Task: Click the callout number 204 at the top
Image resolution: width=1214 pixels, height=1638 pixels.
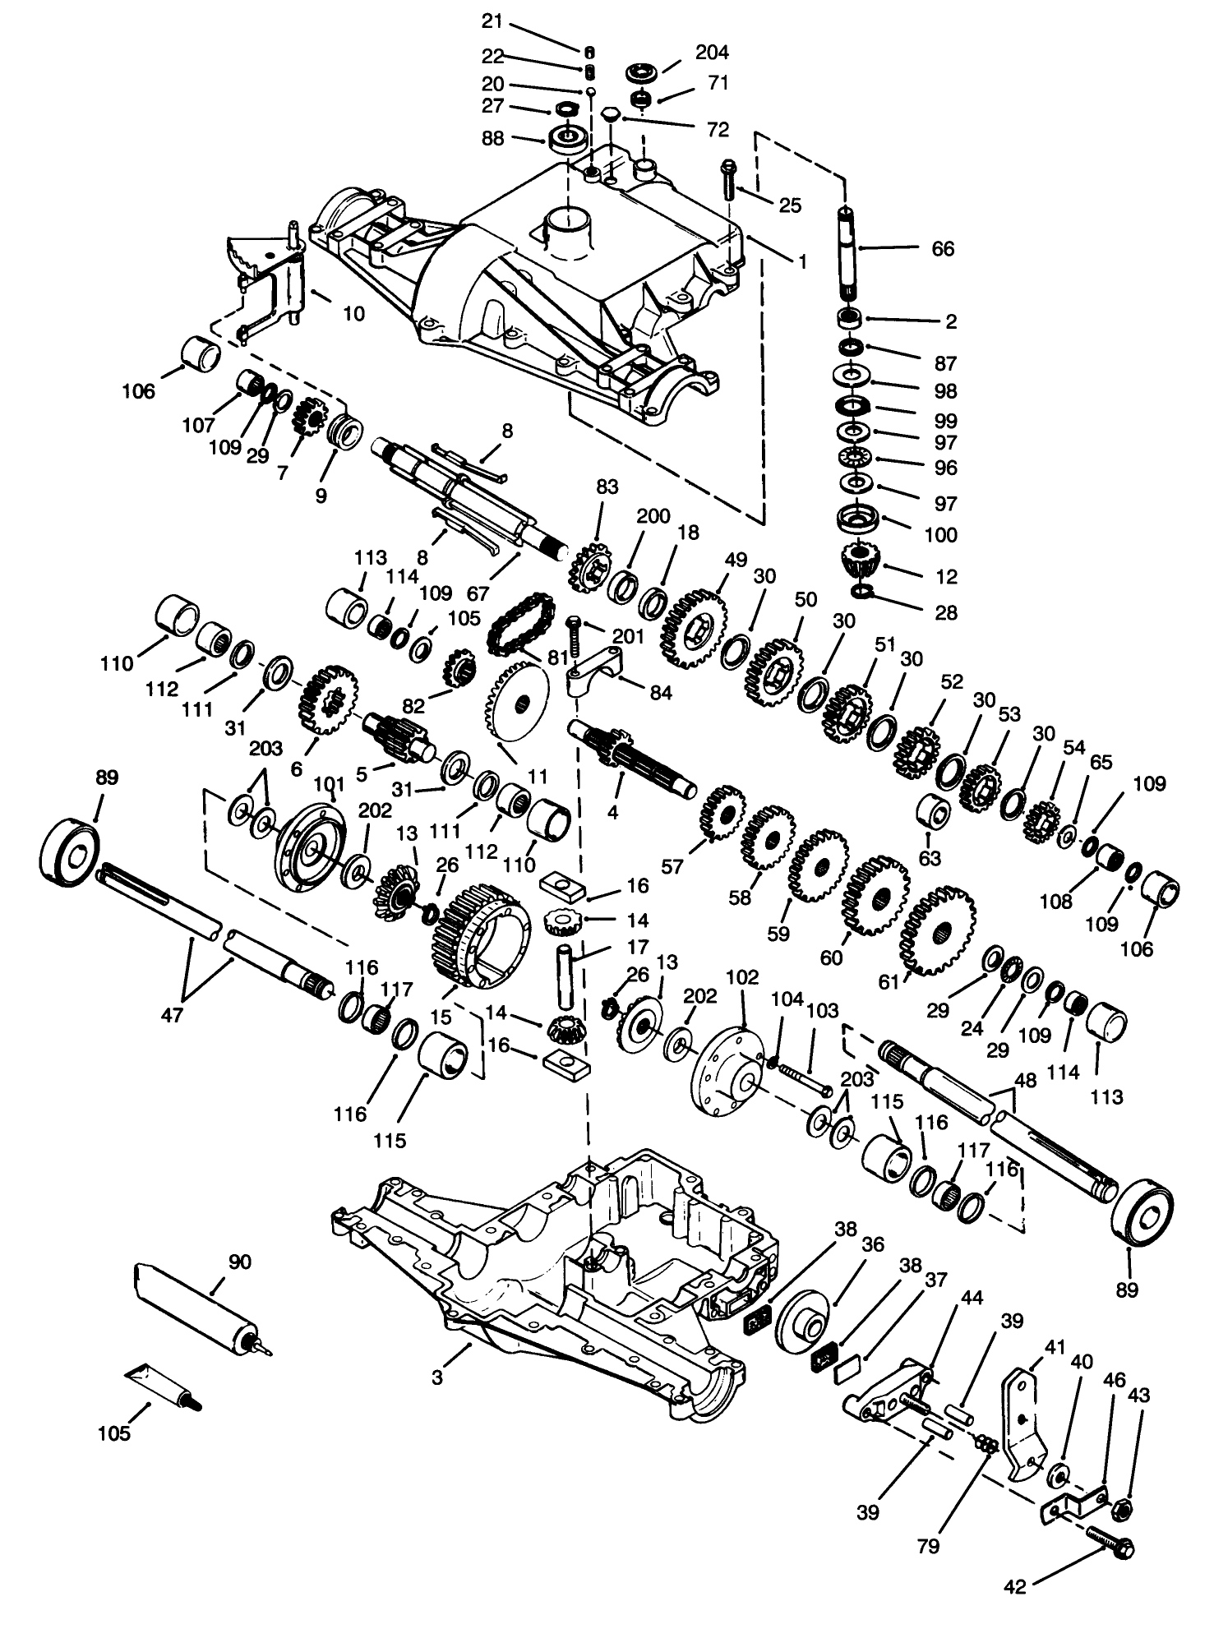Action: (x=712, y=52)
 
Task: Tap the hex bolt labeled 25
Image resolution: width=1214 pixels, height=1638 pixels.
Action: (x=728, y=178)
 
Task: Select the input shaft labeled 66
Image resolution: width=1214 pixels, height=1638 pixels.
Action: (x=850, y=254)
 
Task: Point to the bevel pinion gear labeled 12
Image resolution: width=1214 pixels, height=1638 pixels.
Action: (x=861, y=564)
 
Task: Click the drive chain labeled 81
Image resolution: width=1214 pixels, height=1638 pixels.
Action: (x=517, y=625)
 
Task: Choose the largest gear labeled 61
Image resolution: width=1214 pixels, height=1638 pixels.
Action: (x=937, y=930)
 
